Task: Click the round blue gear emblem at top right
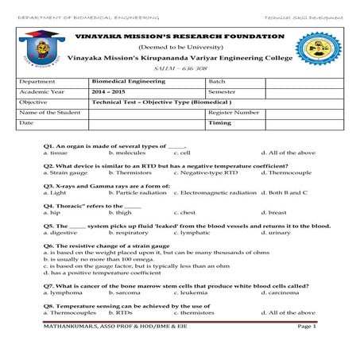(x=324, y=48)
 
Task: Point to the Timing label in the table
(x=219, y=123)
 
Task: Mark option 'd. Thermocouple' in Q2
(x=285, y=172)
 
